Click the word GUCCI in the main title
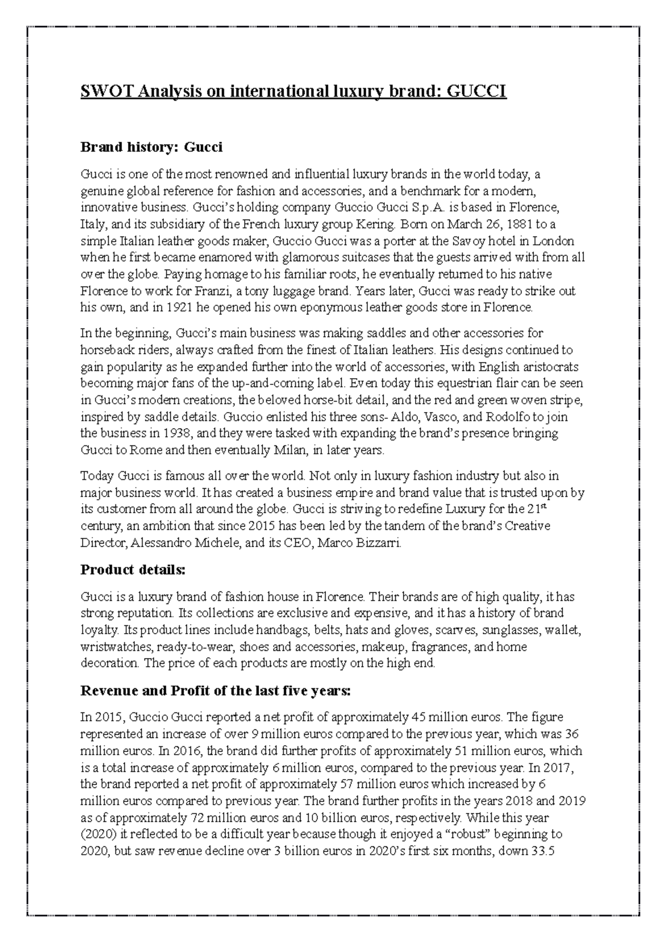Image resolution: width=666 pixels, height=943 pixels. pyautogui.click(x=477, y=91)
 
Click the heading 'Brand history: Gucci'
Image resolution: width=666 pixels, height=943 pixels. pyautogui.click(x=151, y=148)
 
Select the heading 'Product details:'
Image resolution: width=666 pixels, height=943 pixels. pyautogui.click(x=133, y=570)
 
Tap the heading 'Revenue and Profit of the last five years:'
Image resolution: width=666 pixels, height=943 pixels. pyautogui.click(x=216, y=691)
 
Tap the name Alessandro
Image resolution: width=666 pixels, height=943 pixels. pyautogui.click(x=161, y=543)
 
